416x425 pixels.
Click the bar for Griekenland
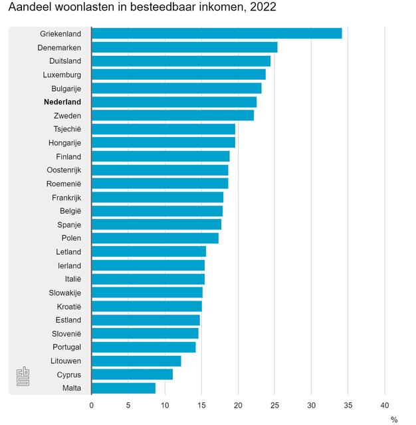coord(217,33)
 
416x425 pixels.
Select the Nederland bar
coord(174,102)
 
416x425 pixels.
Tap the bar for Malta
coord(124,388)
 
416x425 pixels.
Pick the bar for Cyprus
coord(132,374)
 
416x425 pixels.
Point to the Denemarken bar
coord(184,47)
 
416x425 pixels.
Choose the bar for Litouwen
coord(136,360)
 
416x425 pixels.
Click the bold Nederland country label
coord(62,102)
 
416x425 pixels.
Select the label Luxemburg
coord(62,74)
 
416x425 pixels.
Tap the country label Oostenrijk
coord(64,170)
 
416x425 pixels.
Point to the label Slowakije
coord(65,292)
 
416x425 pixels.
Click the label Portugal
coord(67,347)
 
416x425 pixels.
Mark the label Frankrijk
coord(66,198)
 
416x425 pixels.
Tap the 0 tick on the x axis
coord(92,404)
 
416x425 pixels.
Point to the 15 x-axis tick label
coord(201,404)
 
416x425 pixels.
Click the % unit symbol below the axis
coord(394,419)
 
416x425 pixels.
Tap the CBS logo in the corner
coord(23,377)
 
